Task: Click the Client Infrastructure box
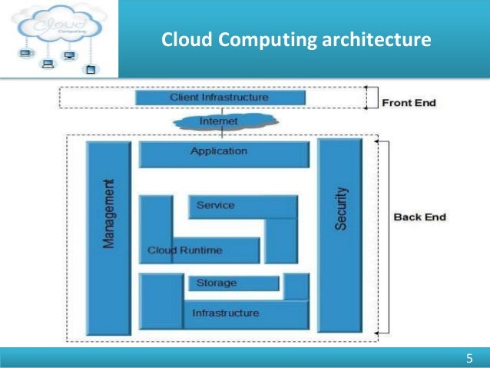coord(220,98)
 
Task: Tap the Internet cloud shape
coord(220,121)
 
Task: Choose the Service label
coord(216,205)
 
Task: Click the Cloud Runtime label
coord(185,250)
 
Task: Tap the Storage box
coord(217,283)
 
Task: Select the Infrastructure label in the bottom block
coord(225,313)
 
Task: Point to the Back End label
coord(419,217)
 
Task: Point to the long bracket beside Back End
coord(376,238)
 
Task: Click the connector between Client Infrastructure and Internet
coord(220,109)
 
